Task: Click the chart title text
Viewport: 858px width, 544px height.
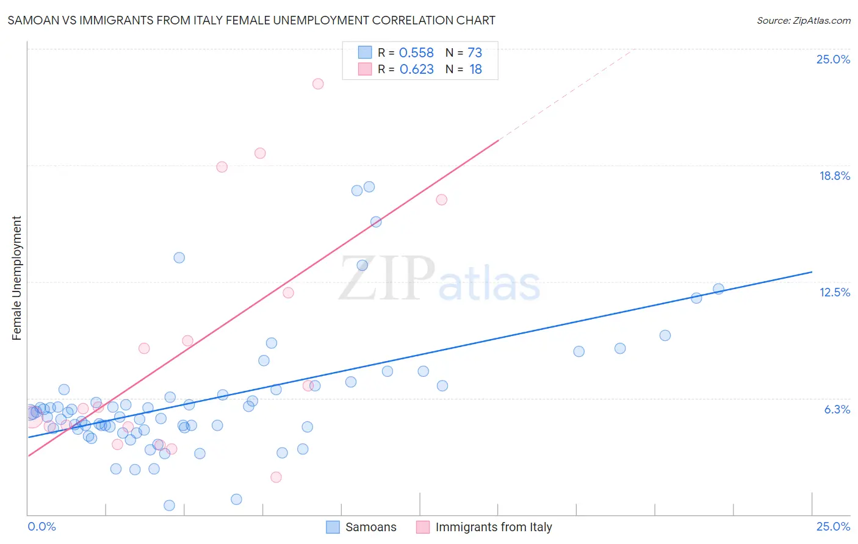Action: (251, 20)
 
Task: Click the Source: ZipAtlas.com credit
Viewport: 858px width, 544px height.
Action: (803, 20)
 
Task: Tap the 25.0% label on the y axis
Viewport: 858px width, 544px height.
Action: (833, 59)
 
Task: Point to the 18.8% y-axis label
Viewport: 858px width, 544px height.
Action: (834, 176)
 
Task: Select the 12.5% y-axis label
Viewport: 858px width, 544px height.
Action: (834, 292)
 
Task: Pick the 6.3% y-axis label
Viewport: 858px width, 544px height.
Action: (837, 409)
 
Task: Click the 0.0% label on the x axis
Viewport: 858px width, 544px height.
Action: (41, 526)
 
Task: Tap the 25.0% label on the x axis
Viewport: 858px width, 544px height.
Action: (833, 526)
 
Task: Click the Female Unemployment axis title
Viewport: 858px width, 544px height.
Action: (16, 278)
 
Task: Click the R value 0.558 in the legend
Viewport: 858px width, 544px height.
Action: (416, 53)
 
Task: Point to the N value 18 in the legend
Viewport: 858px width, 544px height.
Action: (475, 70)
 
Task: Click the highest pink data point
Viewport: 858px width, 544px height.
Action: (318, 84)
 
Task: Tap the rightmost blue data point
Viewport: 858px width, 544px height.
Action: (718, 289)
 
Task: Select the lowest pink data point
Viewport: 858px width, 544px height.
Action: (276, 477)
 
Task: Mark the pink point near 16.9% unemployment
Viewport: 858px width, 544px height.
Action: (441, 199)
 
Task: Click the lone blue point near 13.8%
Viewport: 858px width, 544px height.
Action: (179, 257)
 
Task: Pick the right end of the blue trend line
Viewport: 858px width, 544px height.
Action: (812, 272)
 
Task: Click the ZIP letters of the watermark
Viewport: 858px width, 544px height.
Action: (386, 279)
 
